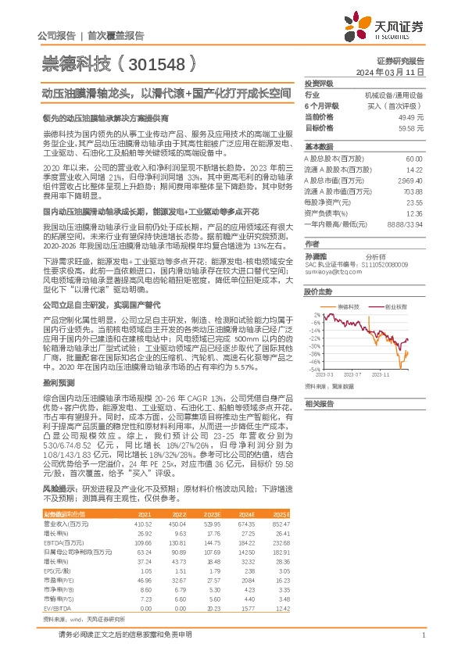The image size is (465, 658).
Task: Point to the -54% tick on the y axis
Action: click(x=316, y=370)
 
